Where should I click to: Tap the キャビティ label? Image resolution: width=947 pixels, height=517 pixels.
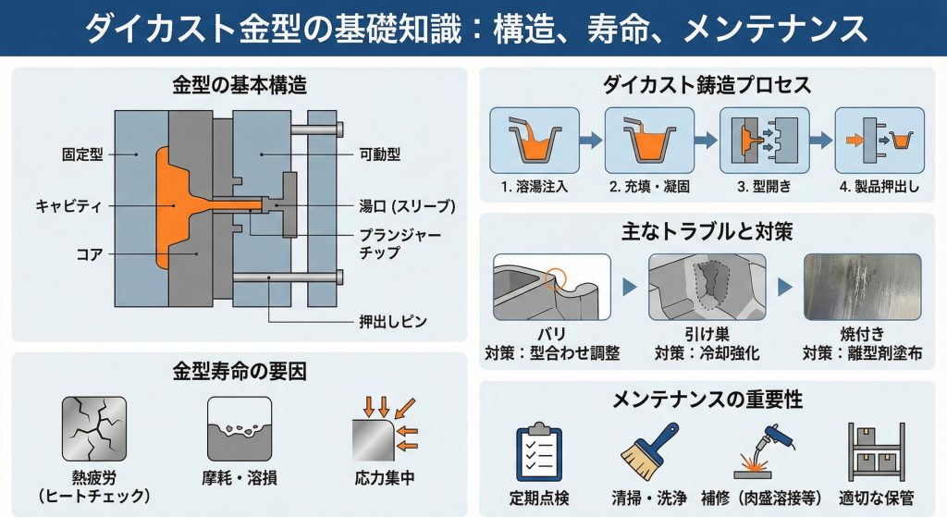pos(76,204)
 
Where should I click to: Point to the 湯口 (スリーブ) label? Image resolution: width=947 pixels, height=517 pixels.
pos(407,205)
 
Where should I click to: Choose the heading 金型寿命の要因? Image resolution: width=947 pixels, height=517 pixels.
pos(240,372)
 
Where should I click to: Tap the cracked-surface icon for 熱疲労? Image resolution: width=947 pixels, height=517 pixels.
pos(93,428)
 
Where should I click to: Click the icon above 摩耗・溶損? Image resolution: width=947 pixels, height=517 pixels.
pos(240,428)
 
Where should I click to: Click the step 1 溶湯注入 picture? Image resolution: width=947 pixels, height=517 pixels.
pos(534,140)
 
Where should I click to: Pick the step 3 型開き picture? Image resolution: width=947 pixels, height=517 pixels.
pos(764,140)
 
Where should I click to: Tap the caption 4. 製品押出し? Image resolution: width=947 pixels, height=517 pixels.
pos(879,186)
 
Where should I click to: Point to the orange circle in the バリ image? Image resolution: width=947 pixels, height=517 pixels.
pos(557,275)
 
